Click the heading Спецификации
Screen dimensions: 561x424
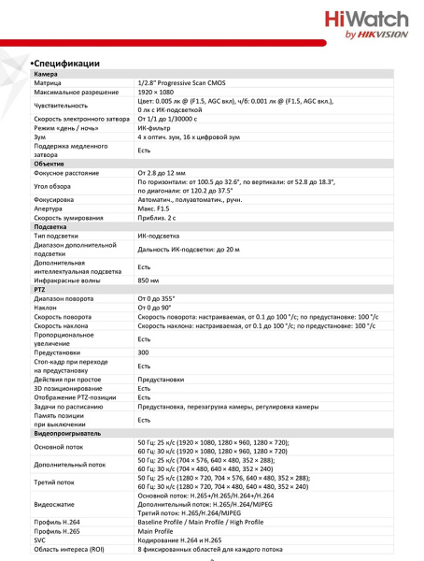[x=72, y=64]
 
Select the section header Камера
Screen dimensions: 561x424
[x=47, y=74]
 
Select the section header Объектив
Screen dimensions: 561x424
[x=49, y=164]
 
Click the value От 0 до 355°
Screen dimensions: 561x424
[x=159, y=298]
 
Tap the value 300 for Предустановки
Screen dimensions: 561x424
[x=144, y=352]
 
